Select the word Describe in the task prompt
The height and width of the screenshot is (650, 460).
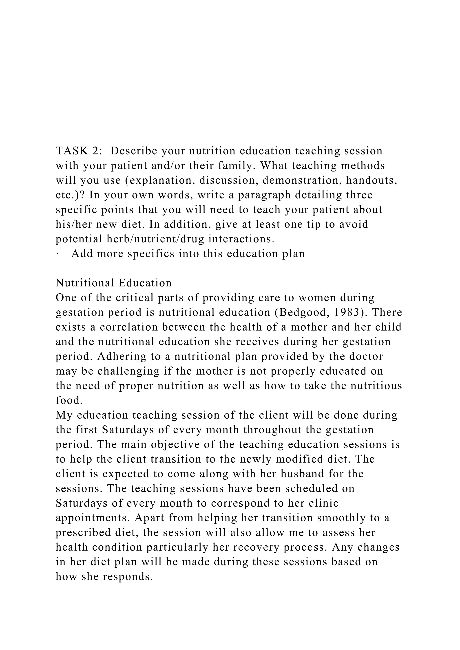click(133, 151)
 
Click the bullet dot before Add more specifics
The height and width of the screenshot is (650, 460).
click(57, 254)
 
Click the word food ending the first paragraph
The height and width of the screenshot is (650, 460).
click(67, 401)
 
